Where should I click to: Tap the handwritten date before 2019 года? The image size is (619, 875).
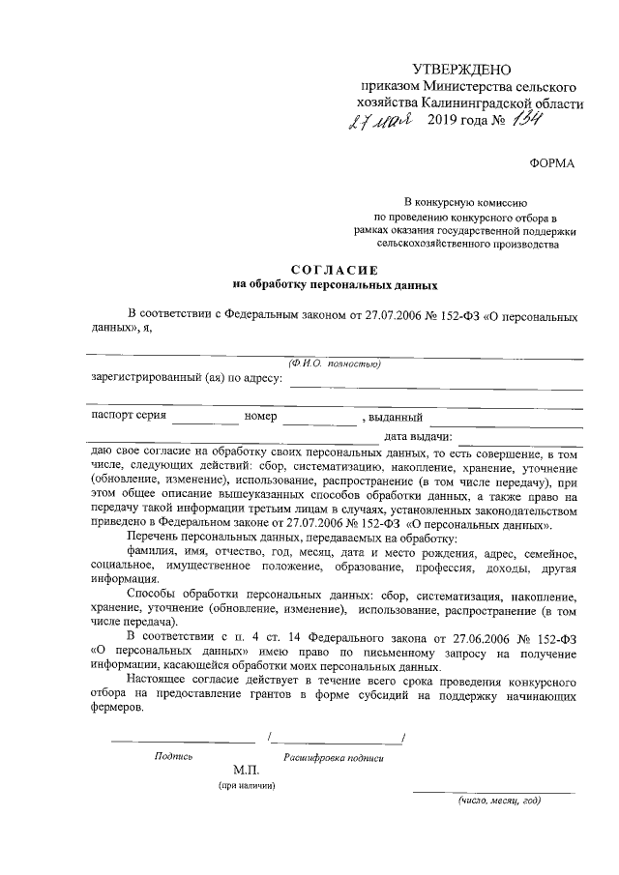tap(381, 123)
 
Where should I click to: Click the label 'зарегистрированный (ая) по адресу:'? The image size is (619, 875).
tap(187, 378)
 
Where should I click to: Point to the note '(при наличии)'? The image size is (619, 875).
tap(247, 786)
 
